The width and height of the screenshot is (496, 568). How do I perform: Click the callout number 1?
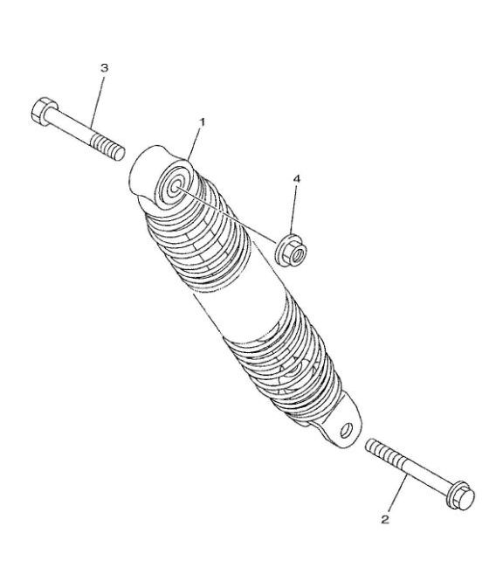202,122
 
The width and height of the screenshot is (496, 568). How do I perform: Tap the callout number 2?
385,519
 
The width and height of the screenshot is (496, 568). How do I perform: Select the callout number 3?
104,68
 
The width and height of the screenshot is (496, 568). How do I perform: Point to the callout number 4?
297,178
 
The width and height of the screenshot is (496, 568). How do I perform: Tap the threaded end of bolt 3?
107,148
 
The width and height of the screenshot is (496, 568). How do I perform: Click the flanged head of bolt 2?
460,495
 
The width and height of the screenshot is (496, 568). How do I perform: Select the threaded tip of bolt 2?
384,452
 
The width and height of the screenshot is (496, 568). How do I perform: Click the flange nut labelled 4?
291,250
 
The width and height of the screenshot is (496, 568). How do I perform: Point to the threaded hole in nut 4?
298,256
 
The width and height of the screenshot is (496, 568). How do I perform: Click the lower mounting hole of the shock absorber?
347,430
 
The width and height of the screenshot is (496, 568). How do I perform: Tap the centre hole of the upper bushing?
175,187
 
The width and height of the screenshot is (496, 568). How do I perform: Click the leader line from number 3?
98,100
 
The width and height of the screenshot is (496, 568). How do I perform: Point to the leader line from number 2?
397,494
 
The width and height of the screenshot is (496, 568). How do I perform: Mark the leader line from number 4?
294,210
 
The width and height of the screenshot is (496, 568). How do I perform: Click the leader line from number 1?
195,144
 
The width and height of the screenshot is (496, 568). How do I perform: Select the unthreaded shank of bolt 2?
425,475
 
